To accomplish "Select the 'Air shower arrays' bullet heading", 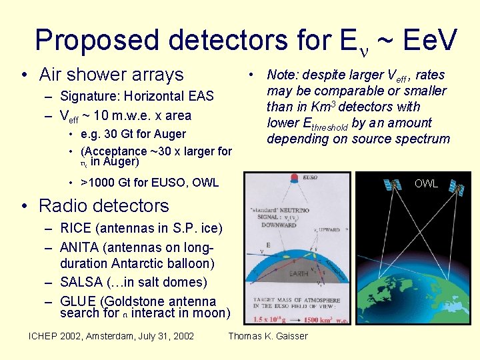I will tap(111, 74).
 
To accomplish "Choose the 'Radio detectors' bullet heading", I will tap(104, 205).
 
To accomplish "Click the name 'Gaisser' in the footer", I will tap(289, 335).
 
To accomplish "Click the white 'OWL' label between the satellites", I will tap(426, 183).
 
